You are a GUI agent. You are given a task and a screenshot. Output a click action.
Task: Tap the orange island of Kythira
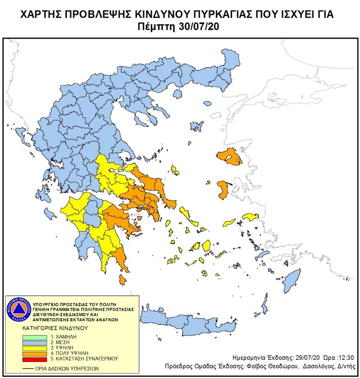(x=123, y=281)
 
